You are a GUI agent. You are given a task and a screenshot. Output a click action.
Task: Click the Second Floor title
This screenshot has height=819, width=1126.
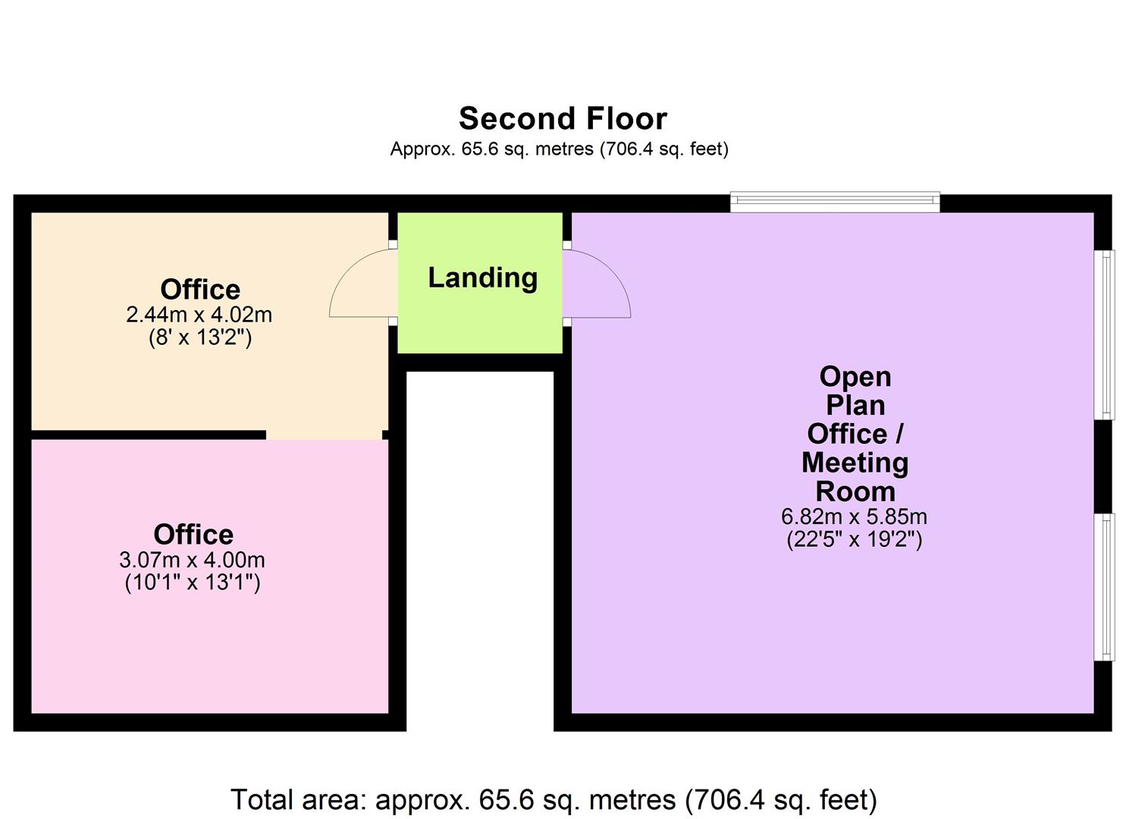[563, 119]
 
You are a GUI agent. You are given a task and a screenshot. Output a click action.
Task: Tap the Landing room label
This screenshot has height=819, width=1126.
[482, 278]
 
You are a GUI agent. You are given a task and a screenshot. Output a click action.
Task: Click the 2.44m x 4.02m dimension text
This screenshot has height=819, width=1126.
[199, 314]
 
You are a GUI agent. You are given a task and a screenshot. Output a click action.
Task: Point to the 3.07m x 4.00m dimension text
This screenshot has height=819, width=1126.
[192, 560]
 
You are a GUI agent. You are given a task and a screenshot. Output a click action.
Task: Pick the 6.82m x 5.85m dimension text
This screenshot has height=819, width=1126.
[854, 517]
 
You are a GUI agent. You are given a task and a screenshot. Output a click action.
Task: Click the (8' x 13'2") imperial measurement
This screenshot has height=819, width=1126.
[199, 337]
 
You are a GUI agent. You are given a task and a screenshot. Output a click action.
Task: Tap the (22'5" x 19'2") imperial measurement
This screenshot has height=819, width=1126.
[854, 540]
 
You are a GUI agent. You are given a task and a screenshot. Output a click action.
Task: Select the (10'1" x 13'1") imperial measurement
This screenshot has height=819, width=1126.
[192, 583]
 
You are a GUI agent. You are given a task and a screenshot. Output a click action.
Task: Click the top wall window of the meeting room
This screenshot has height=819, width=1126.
[835, 202]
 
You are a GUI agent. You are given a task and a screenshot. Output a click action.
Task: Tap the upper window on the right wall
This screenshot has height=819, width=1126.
[1108, 334]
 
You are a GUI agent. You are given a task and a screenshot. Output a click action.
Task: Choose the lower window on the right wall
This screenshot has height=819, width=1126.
[1108, 587]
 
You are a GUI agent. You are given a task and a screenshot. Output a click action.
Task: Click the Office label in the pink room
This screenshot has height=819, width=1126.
[193, 535]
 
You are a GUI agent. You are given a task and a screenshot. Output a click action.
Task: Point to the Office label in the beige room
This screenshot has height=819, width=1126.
[200, 290]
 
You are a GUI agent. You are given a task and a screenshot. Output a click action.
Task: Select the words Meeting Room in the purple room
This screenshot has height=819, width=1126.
[855, 477]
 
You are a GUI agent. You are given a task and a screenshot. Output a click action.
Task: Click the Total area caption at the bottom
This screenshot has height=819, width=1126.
[554, 799]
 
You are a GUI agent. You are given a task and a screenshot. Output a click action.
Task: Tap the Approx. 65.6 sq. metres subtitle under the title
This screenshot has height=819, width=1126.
[559, 149]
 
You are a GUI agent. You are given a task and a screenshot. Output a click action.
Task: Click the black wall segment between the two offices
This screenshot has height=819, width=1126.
[148, 435]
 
